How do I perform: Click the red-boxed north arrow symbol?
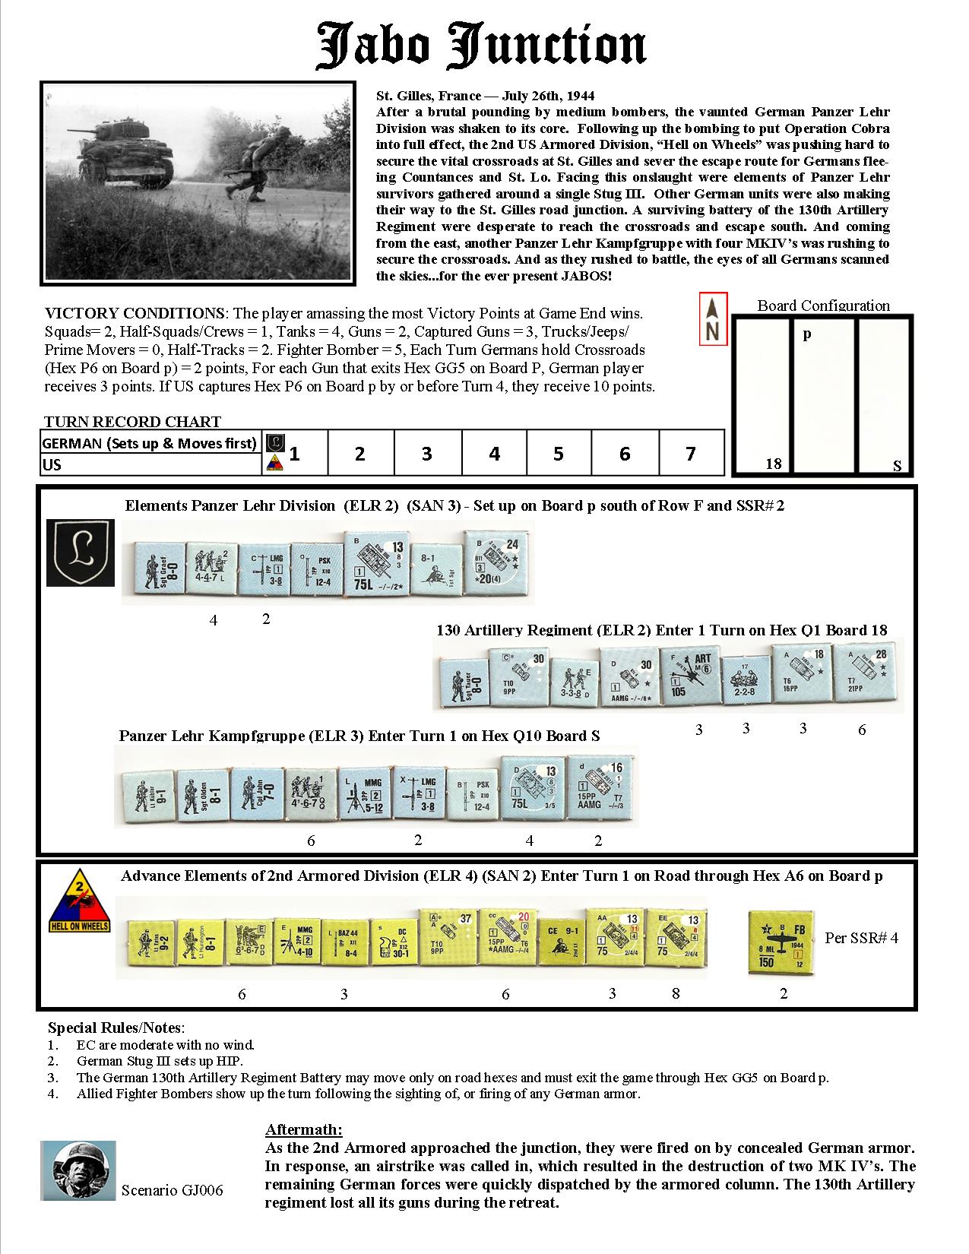click(713, 318)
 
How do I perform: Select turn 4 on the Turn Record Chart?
click(494, 454)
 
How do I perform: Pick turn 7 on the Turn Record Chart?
click(690, 454)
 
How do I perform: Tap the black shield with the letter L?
click(80, 553)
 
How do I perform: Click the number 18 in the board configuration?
click(773, 463)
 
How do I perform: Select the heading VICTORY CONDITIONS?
click(134, 313)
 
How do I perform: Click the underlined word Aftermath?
click(303, 1129)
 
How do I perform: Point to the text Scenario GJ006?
click(173, 1189)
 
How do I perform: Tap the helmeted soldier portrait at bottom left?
click(78, 1170)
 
